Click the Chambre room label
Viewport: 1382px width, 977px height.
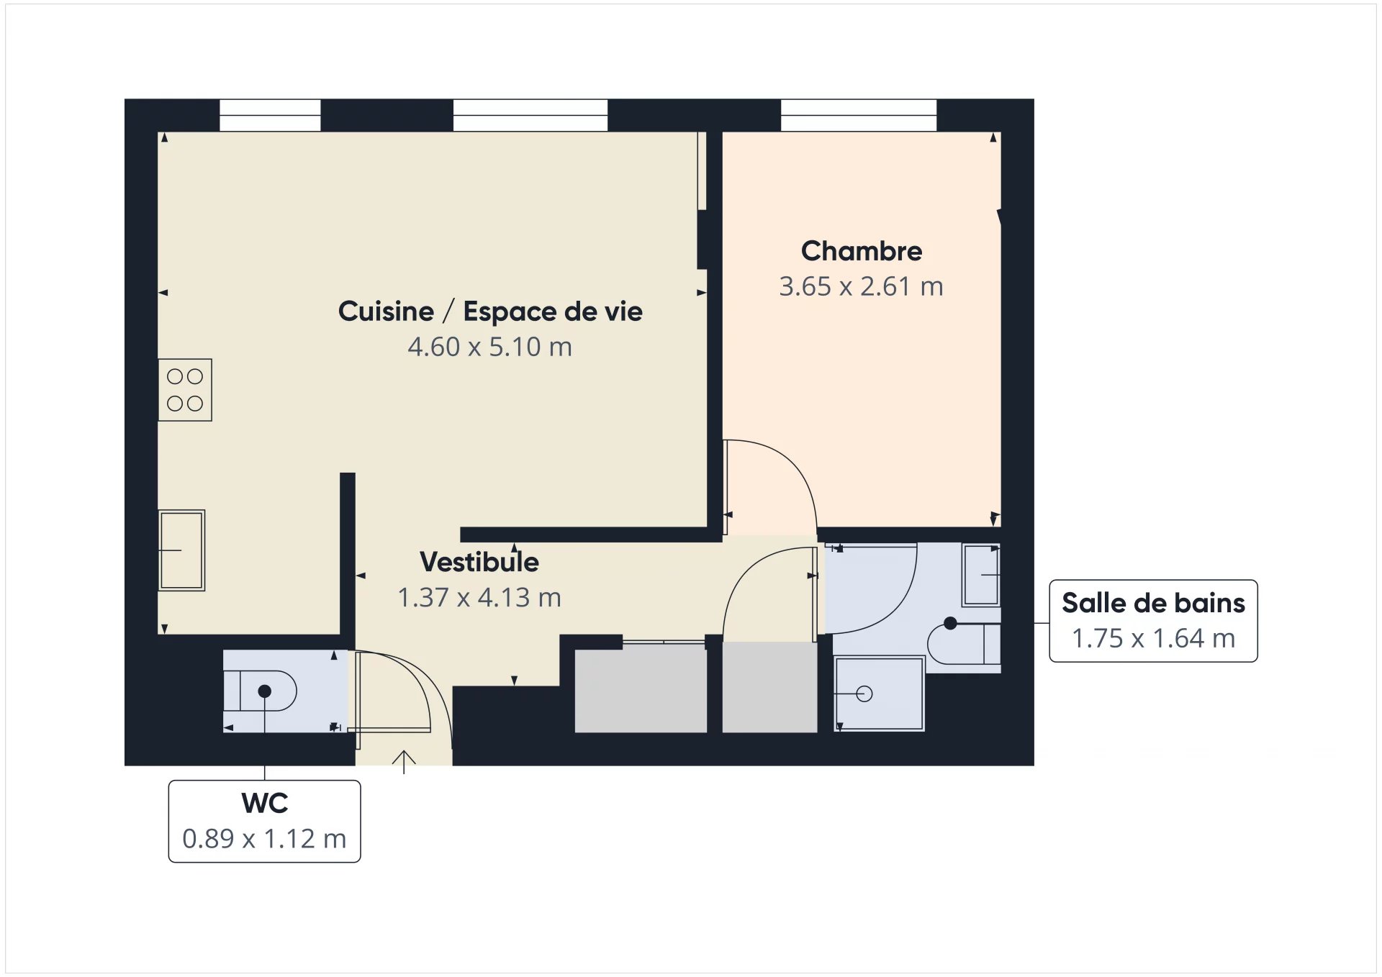pyautogui.click(x=861, y=251)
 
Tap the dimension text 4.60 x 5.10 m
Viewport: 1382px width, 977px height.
pyautogui.click(x=489, y=347)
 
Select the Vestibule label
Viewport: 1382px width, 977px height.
pyautogui.click(x=479, y=562)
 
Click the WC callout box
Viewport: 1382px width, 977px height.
pyautogui.click(x=264, y=821)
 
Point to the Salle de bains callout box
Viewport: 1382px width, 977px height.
pyautogui.click(x=1153, y=621)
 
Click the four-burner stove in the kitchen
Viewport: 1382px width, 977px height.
pyautogui.click(x=185, y=390)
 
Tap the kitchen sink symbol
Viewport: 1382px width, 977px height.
pyautogui.click(x=181, y=550)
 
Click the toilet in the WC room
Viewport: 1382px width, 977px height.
pyautogui.click(x=260, y=691)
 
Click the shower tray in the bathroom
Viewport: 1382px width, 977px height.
pyautogui.click(x=879, y=694)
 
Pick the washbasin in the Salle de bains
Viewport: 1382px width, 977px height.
pyautogui.click(x=982, y=575)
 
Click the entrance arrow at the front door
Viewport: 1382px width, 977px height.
pyautogui.click(x=404, y=762)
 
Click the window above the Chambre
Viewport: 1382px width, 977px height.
pyautogui.click(x=859, y=115)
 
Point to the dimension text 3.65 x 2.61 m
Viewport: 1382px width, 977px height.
pyautogui.click(x=861, y=286)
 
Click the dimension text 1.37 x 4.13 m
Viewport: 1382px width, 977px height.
pyautogui.click(x=479, y=597)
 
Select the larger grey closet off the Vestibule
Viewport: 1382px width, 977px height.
pyautogui.click(x=641, y=688)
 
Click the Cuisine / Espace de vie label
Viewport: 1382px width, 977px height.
pyautogui.click(x=490, y=312)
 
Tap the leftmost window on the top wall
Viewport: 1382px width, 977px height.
pyautogui.click(x=270, y=115)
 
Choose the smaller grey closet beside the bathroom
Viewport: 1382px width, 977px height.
pyautogui.click(x=769, y=688)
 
